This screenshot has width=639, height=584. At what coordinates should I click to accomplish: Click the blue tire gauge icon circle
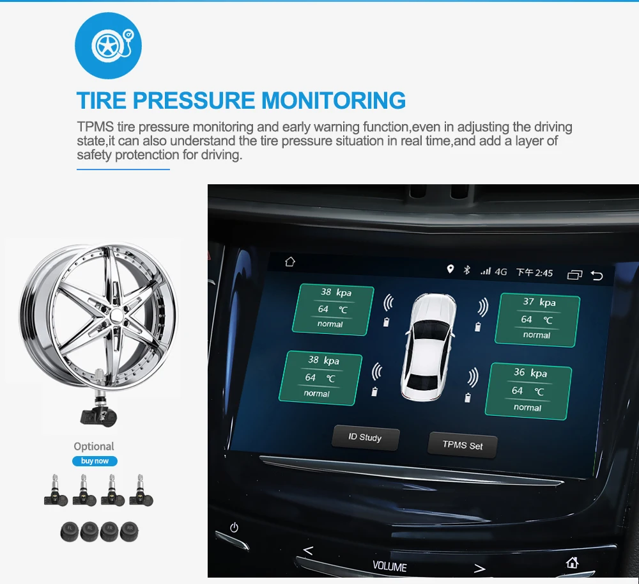pos(109,45)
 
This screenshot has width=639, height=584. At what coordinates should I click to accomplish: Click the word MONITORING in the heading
pos(334,100)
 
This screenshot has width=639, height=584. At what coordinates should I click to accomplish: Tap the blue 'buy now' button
pos(95,461)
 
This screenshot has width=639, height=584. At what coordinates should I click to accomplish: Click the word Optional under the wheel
pos(94,446)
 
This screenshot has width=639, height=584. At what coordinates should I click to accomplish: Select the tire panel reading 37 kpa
pos(537,320)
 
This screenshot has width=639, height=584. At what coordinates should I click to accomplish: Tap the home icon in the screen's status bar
pos(289,262)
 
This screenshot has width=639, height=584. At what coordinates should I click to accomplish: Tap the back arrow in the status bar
pos(597,276)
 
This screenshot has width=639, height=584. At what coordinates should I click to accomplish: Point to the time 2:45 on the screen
pos(544,273)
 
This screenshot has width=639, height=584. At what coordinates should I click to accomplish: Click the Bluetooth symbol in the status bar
pos(467,269)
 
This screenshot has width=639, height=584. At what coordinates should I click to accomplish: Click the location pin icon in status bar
pos(450,269)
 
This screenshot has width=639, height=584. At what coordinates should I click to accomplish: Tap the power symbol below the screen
pos(234,527)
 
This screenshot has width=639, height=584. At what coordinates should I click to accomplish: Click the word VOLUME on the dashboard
pos(390,567)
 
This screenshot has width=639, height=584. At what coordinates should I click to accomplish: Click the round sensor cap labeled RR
pos(130,532)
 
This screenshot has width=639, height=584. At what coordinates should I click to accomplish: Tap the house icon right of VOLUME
pos(572,563)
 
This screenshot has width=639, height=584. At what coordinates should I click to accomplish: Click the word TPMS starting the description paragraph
pos(95,127)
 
